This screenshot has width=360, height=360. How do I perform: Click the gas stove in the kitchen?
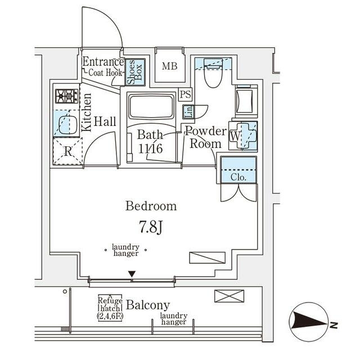[66, 96]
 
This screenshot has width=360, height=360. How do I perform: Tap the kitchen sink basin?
[67, 125]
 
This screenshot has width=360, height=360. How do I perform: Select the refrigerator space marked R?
[67, 151]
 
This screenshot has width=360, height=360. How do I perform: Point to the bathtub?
[151, 107]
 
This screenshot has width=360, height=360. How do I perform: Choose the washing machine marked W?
[243, 136]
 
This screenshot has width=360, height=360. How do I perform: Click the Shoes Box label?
[135, 72]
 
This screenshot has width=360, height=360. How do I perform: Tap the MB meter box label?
[170, 66]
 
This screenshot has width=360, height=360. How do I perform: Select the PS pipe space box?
[185, 94]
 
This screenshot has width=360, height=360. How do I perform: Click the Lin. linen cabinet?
[188, 112]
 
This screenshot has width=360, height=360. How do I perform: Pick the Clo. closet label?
[238, 177]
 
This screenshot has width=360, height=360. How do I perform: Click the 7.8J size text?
[151, 227]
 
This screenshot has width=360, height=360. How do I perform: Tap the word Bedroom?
[151, 206]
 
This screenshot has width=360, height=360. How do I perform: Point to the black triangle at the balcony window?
[132, 274]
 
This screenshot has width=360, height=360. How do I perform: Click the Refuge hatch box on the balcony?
[110, 308]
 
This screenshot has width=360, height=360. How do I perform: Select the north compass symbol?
[309, 322]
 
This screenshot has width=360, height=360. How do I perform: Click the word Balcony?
[148, 305]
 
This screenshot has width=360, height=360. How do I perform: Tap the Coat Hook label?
[105, 73]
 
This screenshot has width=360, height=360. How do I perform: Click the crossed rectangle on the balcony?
[229, 296]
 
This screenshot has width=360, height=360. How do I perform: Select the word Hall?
[105, 121]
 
